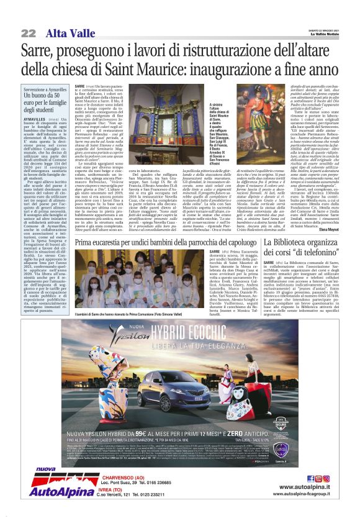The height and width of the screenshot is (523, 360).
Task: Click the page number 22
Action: [x=29, y=33]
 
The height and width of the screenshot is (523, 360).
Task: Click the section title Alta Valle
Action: [x=66, y=32]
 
